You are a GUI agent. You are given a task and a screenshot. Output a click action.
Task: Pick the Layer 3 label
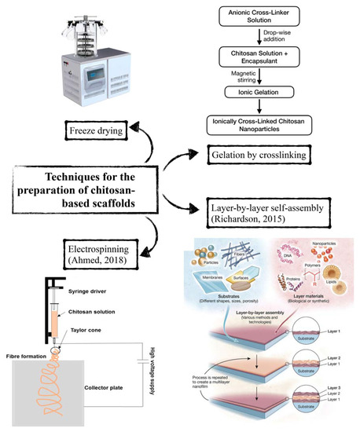point(336,386)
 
